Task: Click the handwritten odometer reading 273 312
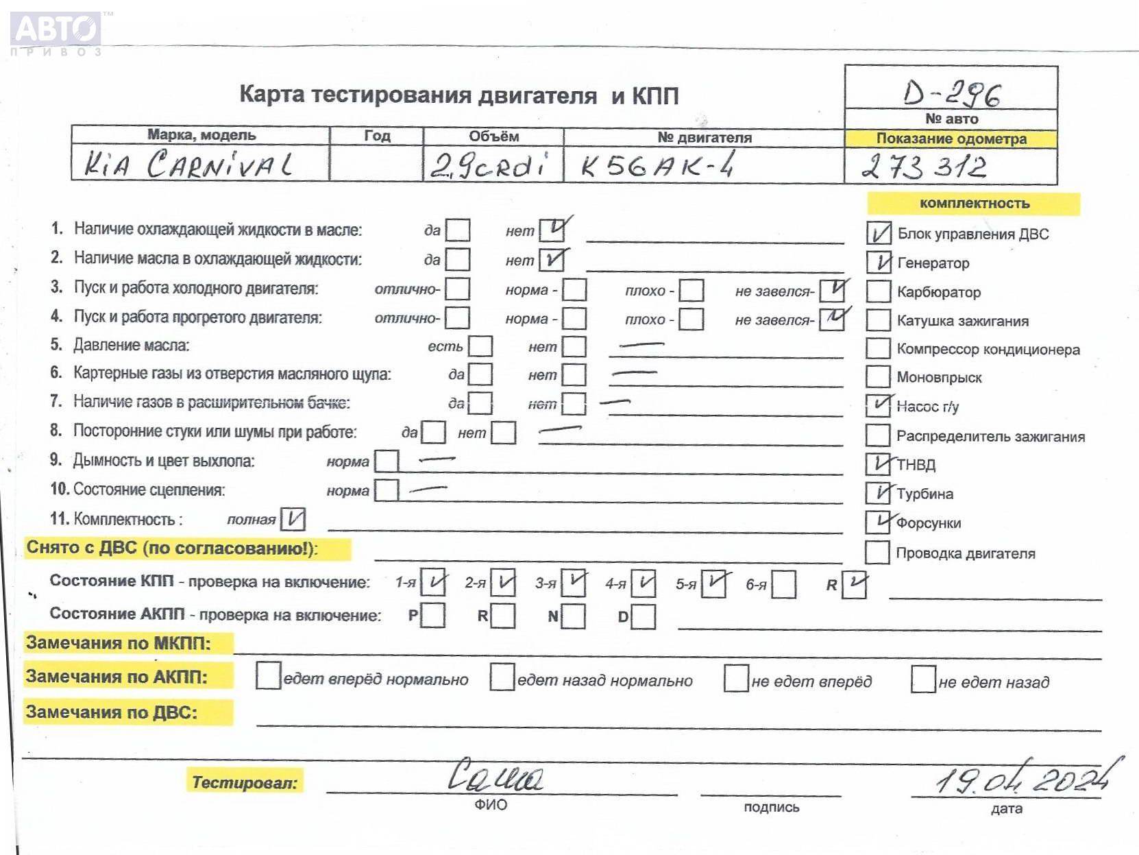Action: tap(924, 167)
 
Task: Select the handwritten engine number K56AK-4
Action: tap(657, 165)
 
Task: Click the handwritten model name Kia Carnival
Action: tap(188, 165)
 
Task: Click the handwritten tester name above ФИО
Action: tap(495, 775)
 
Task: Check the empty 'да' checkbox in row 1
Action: tap(458, 230)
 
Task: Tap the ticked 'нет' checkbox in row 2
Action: tap(552, 260)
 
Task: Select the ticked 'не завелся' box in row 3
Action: tap(833, 290)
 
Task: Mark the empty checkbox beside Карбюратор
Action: tap(878, 291)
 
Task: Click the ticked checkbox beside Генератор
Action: tap(879, 262)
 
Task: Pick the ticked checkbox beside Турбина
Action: tap(878, 493)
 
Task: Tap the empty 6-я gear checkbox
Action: tap(783, 584)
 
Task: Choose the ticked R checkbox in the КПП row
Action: tap(854, 584)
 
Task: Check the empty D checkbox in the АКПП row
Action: tap(643, 616)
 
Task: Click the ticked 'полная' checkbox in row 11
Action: tap(293, 519)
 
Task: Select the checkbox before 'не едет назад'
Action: tap(923, 679)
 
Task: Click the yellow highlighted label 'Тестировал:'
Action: tap(245, 782)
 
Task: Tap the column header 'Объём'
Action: tap(493, 136)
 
